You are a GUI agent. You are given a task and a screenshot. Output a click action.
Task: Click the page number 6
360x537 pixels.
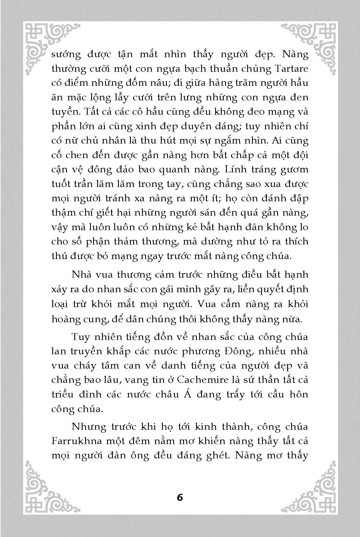click(x=180, y=497)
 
